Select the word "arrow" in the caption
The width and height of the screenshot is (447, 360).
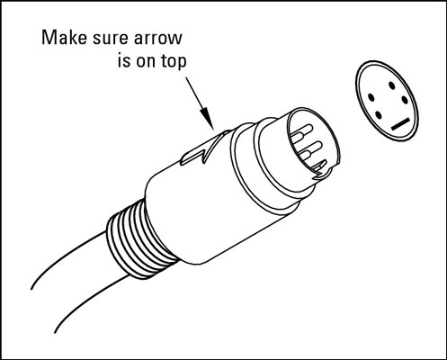pos(158,40)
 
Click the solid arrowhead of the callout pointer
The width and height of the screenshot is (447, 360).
pos(207,118)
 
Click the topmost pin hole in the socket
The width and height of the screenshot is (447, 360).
pos(392,85)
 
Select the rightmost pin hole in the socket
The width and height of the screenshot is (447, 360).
pos(405,100)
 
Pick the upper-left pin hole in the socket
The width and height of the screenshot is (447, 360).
pos(371,97)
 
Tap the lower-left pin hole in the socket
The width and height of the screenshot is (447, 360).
pos(379,115)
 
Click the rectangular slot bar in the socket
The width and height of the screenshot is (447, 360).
pos(400,124)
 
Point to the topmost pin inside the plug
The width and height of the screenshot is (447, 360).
pos(301,132)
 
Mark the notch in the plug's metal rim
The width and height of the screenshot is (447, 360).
pos(323,175)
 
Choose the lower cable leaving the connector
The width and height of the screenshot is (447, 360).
pos(90,303)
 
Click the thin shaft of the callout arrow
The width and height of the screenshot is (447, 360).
pos(193,93)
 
